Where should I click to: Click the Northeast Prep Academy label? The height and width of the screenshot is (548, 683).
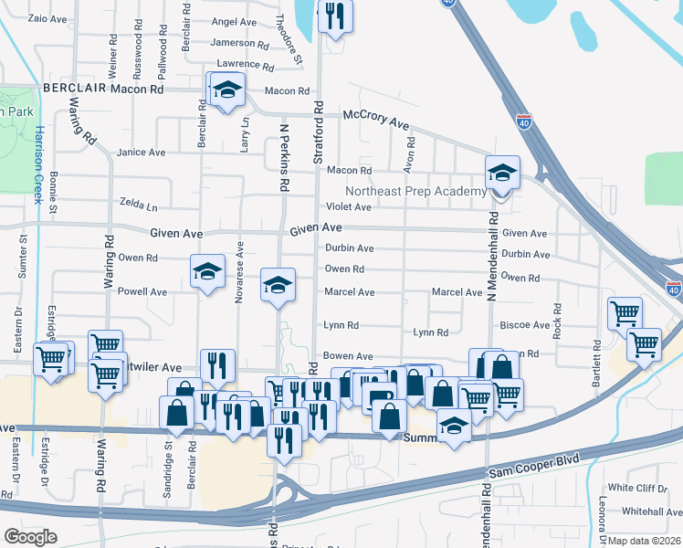coord(415,191)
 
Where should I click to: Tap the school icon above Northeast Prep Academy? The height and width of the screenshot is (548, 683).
coord(501,173)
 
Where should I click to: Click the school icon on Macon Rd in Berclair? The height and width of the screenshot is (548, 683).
coord(226,91)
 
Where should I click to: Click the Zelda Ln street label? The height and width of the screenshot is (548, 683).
coord(138,203)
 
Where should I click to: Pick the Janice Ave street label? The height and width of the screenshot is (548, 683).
coord(140,153)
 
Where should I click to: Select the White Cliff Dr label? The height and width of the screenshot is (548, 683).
coord(638,488)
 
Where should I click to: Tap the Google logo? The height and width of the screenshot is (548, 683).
coord(30,537)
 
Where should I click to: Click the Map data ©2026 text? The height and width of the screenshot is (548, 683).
coord(646,541)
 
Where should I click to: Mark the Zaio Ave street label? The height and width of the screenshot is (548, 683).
coord(49,18)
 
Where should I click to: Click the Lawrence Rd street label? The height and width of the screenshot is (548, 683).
coord(244,65)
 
